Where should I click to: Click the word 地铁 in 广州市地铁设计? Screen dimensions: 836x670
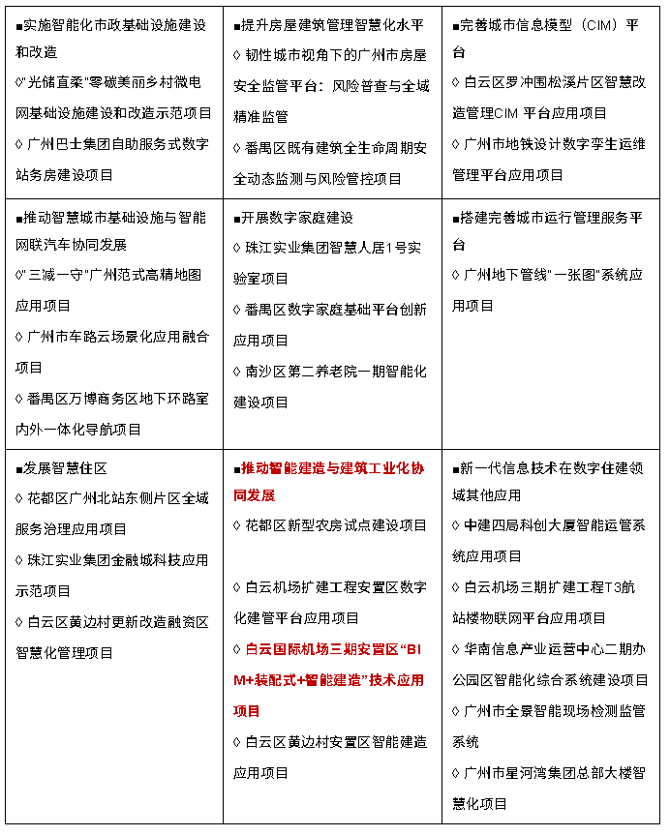(x=519, y=144)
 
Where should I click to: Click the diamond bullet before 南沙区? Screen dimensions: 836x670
(x=238, y=372)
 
